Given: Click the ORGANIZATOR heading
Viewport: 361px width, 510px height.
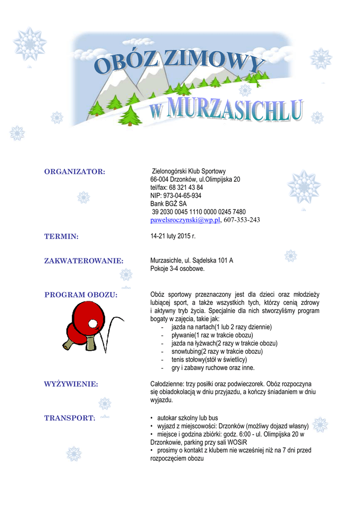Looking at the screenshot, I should click(75, 172).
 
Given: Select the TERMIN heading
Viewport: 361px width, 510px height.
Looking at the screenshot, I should click(61, 237).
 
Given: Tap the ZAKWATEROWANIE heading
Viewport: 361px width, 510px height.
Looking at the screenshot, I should click(84, 260).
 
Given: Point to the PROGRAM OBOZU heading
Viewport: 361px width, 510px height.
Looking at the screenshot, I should click(81, 295).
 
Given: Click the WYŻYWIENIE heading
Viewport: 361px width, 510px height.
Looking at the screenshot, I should click(71, 384).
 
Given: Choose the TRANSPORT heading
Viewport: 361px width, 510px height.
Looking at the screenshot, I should click(70, 418).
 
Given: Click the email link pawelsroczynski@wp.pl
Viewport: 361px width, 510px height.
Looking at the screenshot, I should click(185, 220).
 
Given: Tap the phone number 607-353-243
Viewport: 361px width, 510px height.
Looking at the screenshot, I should click(241, 220).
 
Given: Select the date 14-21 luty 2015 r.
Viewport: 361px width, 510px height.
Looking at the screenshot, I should click(173, 236).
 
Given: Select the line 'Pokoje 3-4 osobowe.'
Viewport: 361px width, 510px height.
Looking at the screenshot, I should click(178, 269).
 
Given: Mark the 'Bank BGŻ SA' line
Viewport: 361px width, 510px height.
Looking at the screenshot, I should click(169, 204).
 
